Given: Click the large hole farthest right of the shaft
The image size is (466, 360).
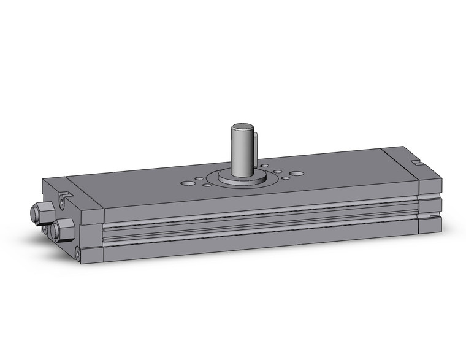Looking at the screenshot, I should point(297,174).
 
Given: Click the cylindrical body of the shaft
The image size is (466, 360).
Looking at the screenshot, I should point(241,153).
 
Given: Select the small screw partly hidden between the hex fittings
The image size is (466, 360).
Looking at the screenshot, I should point(44,228).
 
